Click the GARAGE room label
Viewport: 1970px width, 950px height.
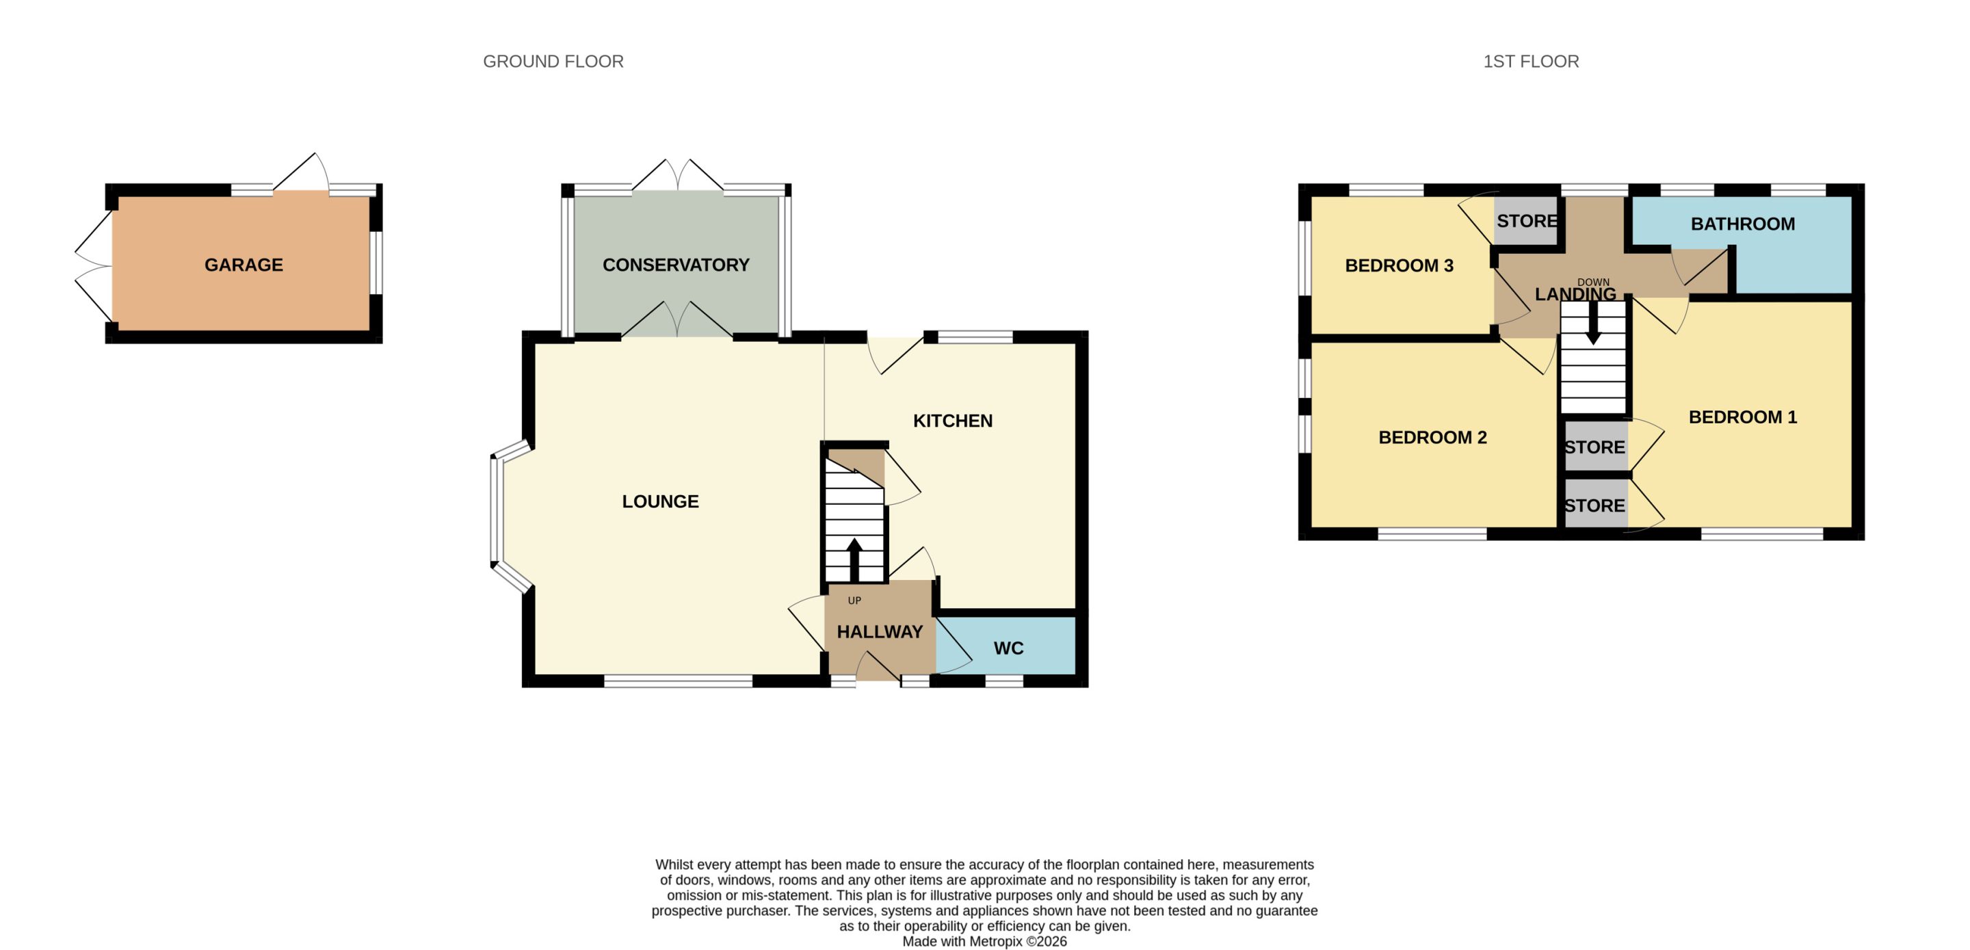coord(244,265)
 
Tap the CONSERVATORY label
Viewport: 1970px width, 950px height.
coord(675,265)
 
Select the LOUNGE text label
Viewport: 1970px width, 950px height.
coord(660,501)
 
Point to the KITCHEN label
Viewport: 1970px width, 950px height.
coord(952,421)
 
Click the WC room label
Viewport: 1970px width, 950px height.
coord(1008,648)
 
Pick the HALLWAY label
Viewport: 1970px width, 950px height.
coord(880,632)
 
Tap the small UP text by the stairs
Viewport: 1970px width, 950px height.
coord(854,601)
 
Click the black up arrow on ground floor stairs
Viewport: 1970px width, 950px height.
coord(854,559)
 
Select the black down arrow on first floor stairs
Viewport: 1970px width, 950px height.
coord(1593,323)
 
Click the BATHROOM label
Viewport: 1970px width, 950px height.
coord(1742,224)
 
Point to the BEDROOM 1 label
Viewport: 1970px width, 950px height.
coord(1742,417)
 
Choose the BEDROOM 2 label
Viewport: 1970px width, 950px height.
coord(1432,438)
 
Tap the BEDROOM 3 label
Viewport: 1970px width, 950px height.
coord(1399,265)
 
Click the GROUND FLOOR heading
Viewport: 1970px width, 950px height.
coord(553,61)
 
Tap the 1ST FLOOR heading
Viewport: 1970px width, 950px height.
coord(1531,61)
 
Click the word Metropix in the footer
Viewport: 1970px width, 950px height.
coord(996,942)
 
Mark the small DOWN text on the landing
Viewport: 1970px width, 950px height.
coord(1593,282)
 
